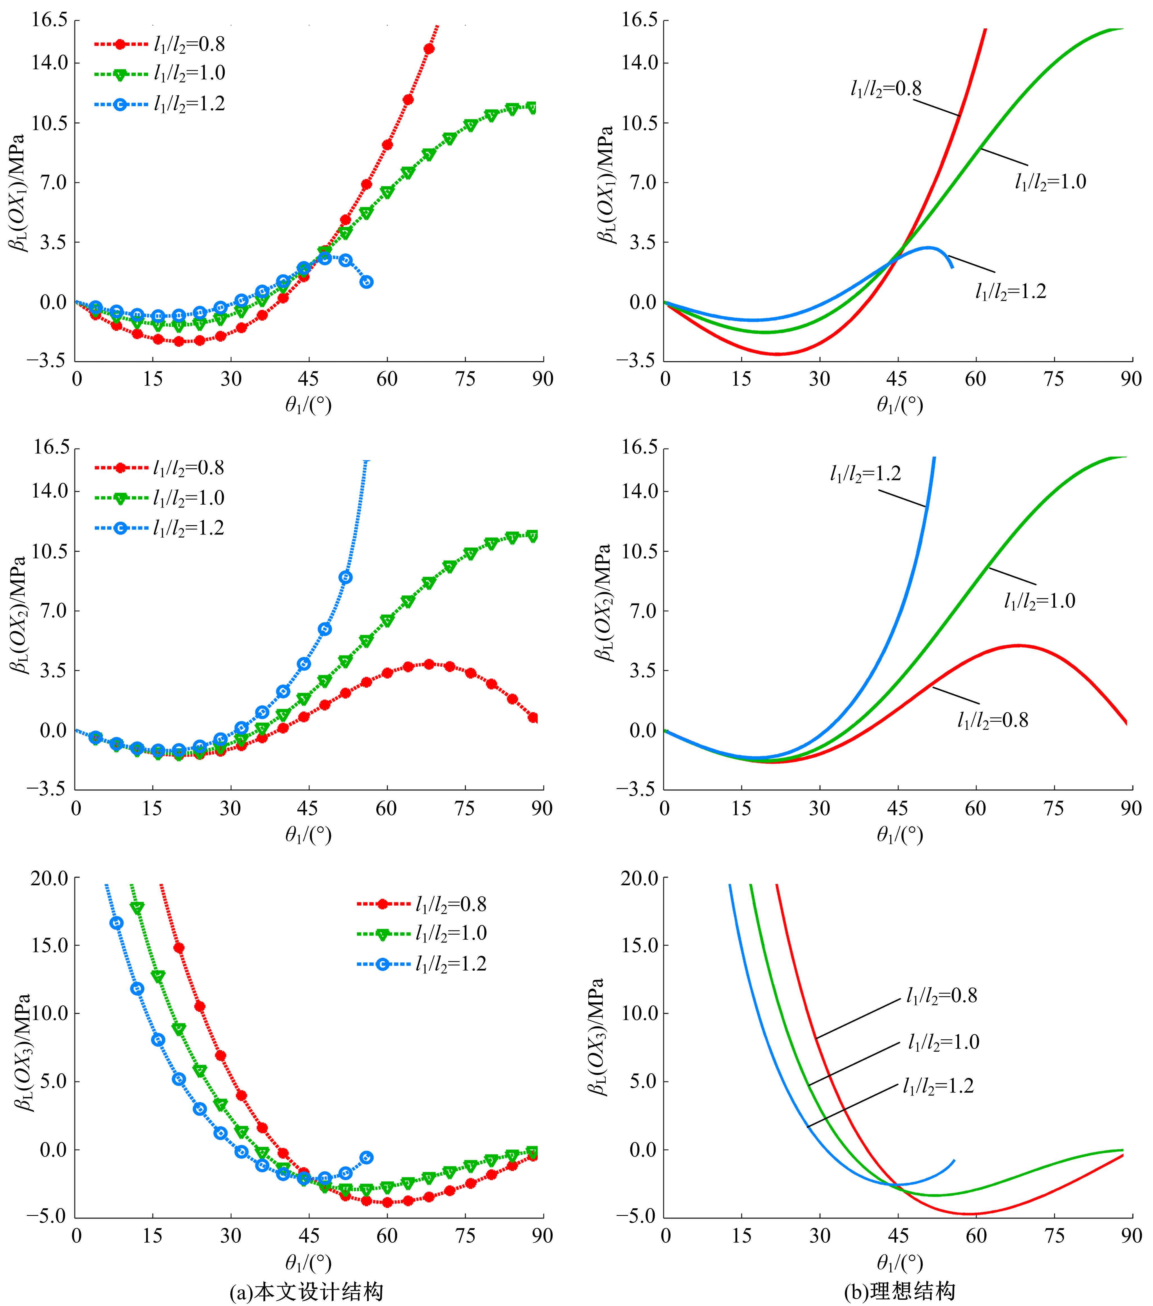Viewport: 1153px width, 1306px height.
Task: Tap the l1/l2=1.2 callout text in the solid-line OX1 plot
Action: (1011, 291)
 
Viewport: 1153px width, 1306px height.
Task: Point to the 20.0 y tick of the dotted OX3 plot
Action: (50, 878)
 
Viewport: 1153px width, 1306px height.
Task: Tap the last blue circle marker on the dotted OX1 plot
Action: (367, 282)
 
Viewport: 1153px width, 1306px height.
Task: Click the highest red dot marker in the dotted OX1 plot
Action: (429, 48)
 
